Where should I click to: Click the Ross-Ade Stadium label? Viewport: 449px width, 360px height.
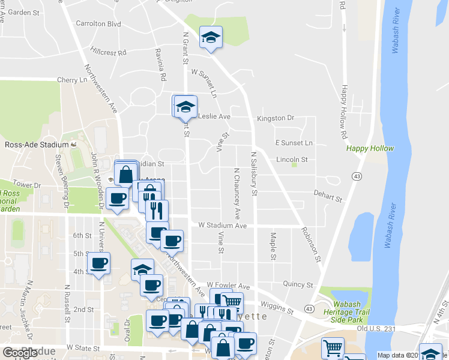click(x=37, y=145)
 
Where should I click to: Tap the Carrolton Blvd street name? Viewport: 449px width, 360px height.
click(x=98, y=24)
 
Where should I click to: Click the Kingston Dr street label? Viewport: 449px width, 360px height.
click(x=276, y=118)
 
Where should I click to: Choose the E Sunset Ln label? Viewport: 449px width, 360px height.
click(x=294, y=143)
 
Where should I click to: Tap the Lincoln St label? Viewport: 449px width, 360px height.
click(x=292, y=160)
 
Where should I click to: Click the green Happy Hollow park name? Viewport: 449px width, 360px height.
click(x=370, y=148)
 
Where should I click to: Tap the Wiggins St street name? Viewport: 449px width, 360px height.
click(x=280, y=311)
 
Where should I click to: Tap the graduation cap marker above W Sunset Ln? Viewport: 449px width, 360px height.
click(x=211, y=37)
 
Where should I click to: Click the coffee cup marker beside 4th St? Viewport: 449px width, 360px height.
click(x=98, y=262)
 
